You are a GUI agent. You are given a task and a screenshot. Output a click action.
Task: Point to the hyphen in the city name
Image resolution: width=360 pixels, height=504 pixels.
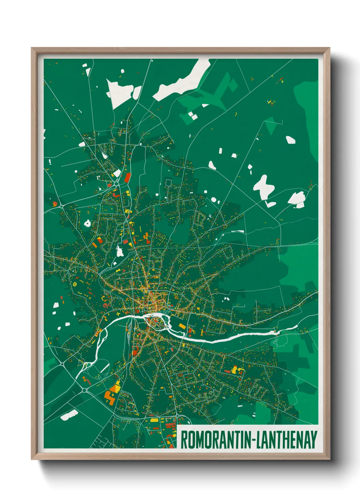(x=253, y=440)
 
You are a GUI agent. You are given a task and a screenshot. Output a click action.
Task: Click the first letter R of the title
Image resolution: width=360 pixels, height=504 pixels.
(x=184, y=440)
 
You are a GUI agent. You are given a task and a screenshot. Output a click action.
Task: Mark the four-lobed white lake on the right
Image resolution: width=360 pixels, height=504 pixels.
(x=264, y=186)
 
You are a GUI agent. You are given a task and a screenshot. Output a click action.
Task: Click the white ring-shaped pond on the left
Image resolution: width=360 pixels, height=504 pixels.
(x=87, y=224)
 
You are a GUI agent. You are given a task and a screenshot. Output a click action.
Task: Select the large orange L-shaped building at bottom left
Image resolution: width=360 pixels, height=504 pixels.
(x=110, y=397)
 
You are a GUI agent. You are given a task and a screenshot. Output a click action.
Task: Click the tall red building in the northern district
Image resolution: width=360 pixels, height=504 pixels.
(x=128, y=177)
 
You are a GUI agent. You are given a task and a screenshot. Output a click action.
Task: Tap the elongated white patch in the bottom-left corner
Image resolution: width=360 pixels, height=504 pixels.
(x=69, y=415)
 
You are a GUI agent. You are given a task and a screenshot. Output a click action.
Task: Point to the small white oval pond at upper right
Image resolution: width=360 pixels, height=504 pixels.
(x=290, y=140)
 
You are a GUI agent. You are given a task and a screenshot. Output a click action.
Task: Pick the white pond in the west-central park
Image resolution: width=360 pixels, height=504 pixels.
(x=119, y=251)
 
